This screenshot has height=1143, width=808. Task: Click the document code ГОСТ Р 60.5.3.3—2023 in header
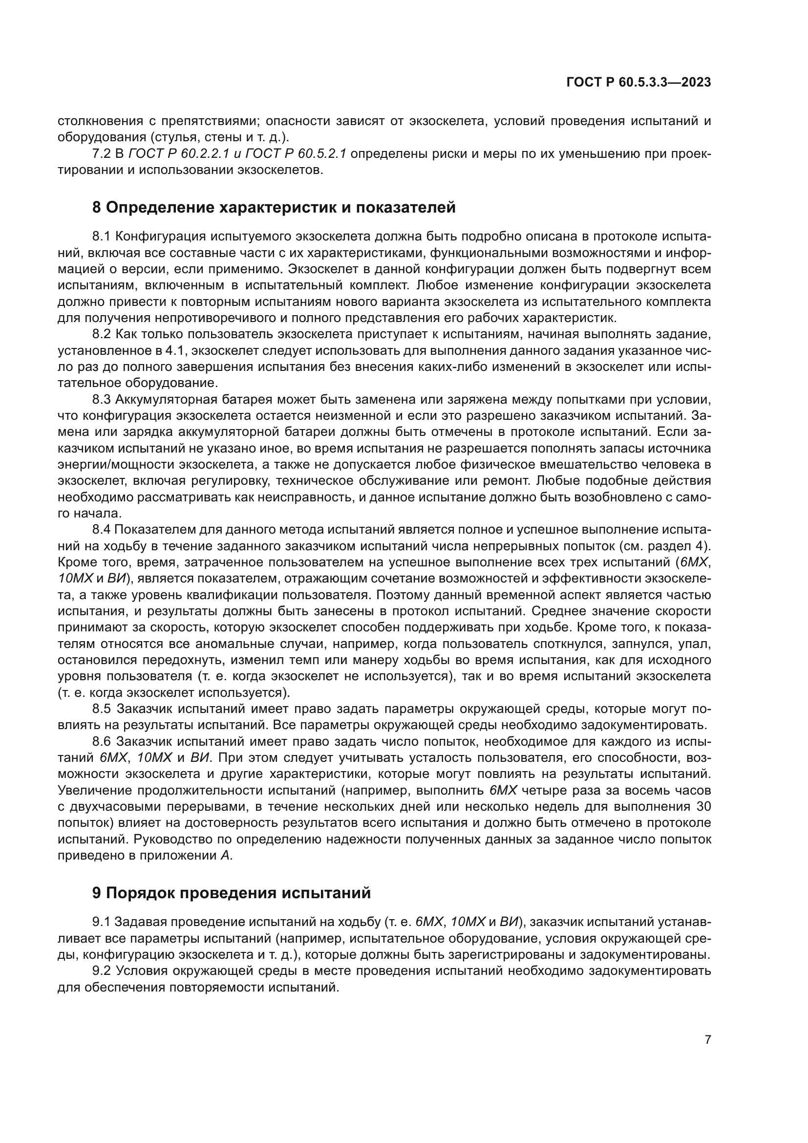tap(638, 83)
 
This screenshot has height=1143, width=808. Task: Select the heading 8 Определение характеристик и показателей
tap(274, 207)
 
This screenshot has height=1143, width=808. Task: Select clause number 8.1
tap(103, 237)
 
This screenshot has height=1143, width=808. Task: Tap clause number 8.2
tap(103, 334)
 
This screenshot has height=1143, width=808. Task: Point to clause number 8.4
tap(103, 530)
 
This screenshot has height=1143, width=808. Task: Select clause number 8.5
tap(103, 709)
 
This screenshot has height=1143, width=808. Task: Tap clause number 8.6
tap(103, 742)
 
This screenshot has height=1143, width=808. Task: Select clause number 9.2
tap(103, 971)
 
